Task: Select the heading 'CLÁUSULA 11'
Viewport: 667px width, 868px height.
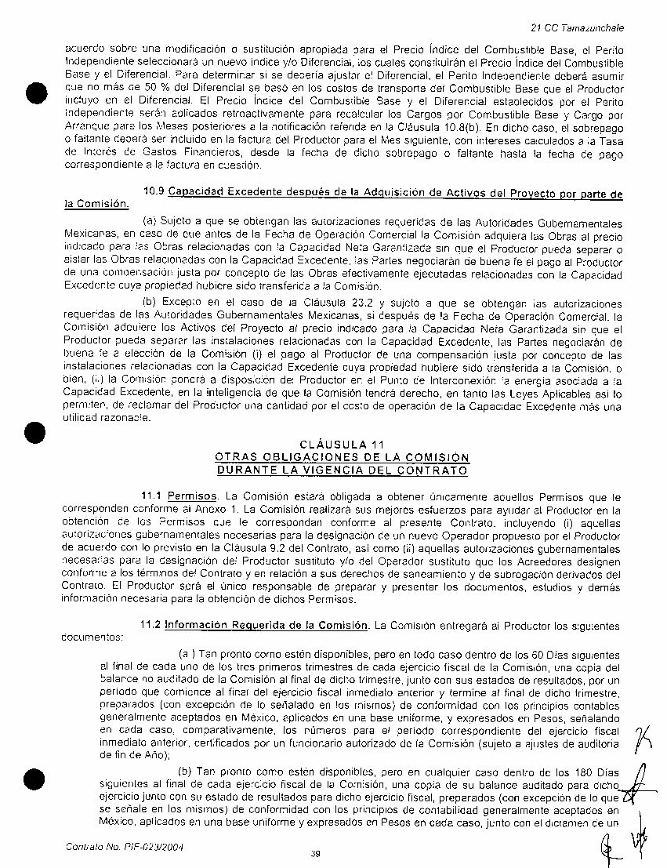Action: (x=342, y=446)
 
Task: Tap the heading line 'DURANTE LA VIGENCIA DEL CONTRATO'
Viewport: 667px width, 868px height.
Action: (x=342, y=470)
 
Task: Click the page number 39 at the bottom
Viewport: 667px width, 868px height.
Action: (x=314, y=855)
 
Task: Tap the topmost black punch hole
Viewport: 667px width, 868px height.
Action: (x=32, y=94)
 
